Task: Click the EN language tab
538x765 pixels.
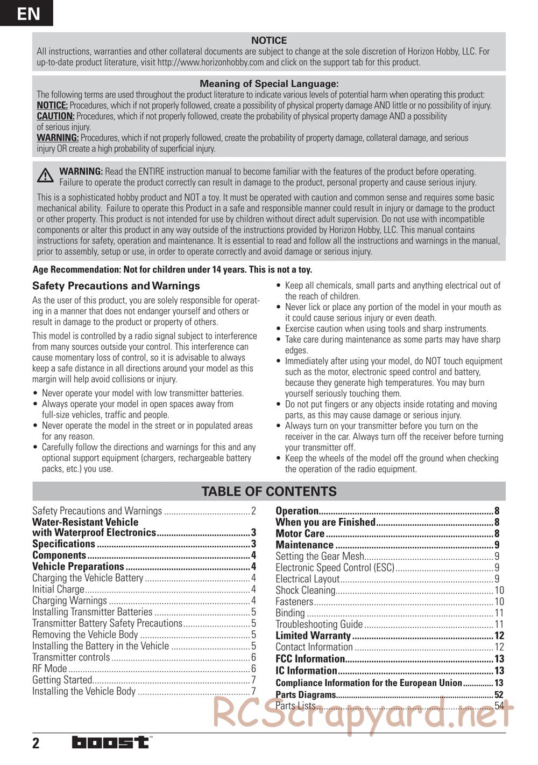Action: (27, 13)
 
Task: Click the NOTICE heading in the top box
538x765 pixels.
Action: (269, 40)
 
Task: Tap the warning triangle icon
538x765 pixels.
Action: (45, 176)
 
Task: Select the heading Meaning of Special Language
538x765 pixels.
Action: (269, 84)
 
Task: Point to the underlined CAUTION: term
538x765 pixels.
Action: (55, 116)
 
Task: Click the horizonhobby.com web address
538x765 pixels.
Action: (210, 62)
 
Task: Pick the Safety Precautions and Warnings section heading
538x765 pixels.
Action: (116, 286)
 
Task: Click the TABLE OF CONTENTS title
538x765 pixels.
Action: (269, 491)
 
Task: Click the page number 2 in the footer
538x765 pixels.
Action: (36, 743)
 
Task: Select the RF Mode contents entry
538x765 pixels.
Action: (49, 669)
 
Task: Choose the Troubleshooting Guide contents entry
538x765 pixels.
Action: (319, 624)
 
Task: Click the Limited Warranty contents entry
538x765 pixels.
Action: (313, 636)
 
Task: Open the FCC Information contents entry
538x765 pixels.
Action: (310, 659)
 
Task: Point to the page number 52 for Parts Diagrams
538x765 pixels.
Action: (499, 695)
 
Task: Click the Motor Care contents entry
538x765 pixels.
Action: (300, 534)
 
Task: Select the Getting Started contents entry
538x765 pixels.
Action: (62, 680)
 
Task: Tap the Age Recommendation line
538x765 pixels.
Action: (172, 270)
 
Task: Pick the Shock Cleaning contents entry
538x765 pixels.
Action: (305, 590)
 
